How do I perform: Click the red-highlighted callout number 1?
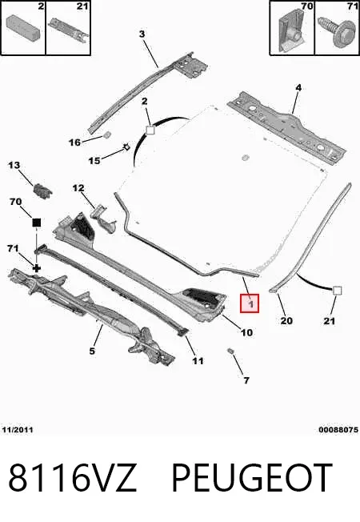[x=250, y=303]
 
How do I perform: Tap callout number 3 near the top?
[x=142, y=34]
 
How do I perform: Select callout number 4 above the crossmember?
[x=298, y=87]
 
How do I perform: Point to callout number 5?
[x=92, y=351]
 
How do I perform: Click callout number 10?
[x=246, y=332]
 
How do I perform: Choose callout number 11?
[x=198, y=360]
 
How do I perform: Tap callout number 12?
[x=78, y=188]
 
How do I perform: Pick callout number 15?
[x=94, y=161]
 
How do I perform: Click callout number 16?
[x=74, y=143]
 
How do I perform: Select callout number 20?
[x=286, y=320]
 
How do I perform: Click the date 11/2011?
[x=18, y=430]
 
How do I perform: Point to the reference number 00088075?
[x=338, y=430]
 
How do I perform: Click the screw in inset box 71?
[x=336, y=33]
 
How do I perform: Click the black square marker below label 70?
[x=36, y=223]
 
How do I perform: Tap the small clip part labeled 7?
[x=230, y=351]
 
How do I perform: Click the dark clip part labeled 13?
[x=42, y=191]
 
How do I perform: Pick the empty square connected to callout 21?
[x=337, y=291]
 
